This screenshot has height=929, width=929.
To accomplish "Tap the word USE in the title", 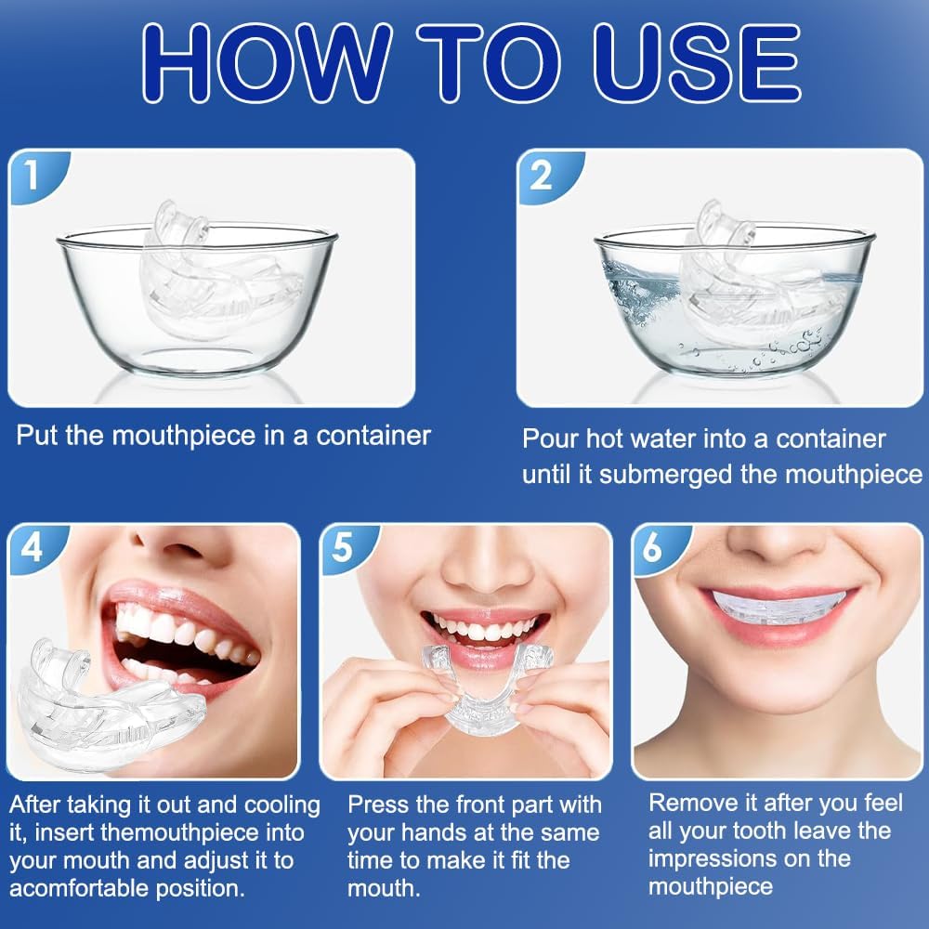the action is tap(698, 63).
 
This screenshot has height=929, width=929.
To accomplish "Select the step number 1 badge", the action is tap(33, 175).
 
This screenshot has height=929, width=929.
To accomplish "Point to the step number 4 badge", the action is tap(32, 547).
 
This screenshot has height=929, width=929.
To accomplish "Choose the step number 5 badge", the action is tap(344, 547).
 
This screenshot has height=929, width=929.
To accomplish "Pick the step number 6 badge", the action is tap(654, 547).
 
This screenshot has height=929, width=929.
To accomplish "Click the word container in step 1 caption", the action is tap(373, 436).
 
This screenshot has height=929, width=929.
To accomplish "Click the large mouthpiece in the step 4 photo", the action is tap(110, 708).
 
